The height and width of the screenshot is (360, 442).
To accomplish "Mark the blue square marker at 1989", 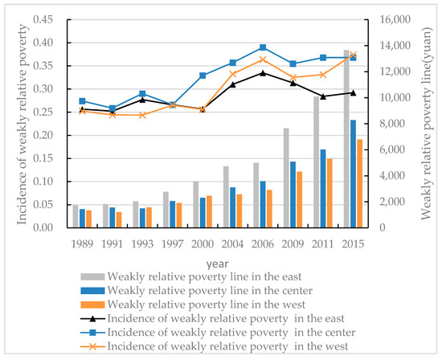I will click(x=82, y=101).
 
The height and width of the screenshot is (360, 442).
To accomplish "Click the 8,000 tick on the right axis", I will click(x=383, y=124).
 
